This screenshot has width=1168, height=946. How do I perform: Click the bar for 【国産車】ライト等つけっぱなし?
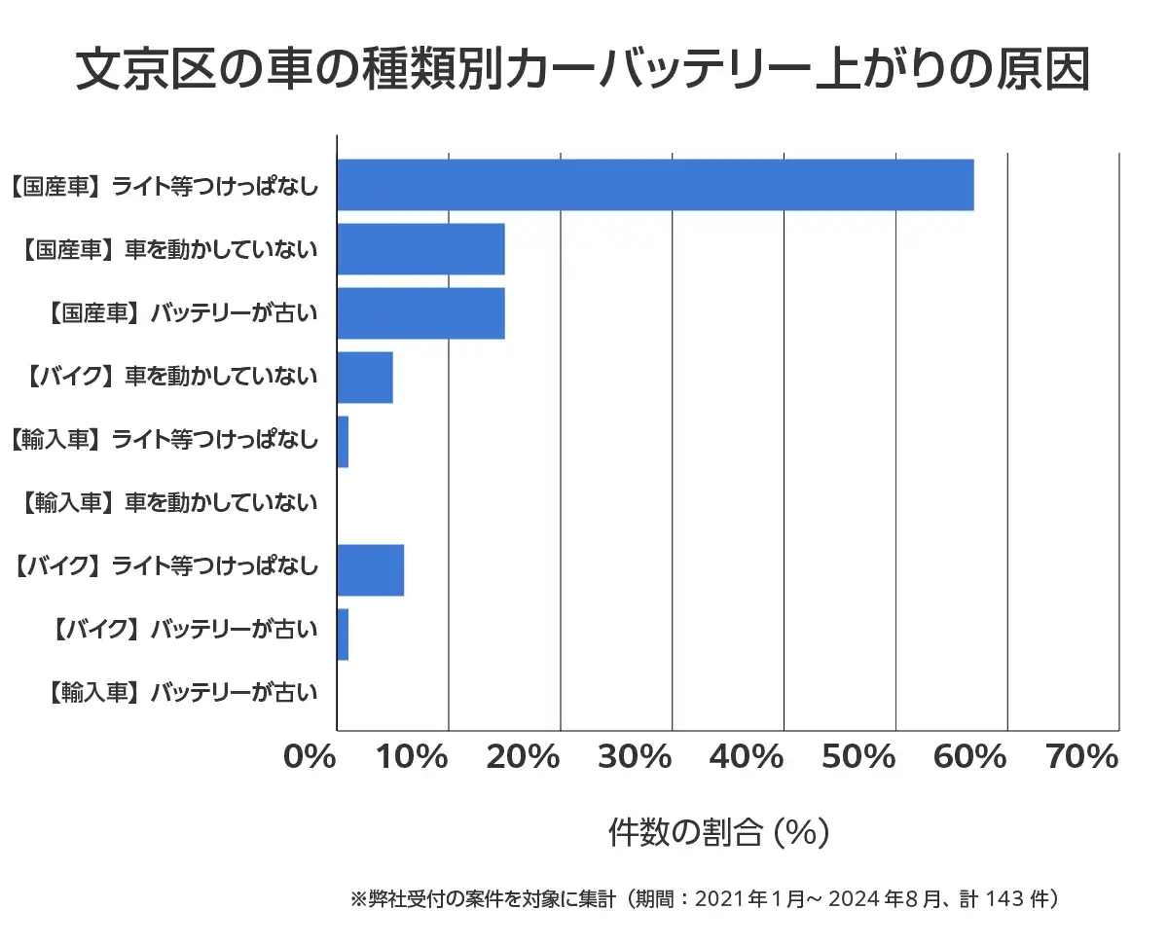(655, 185)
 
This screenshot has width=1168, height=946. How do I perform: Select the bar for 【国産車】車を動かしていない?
(420, 249)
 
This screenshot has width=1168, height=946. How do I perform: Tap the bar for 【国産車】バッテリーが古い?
(420, 313)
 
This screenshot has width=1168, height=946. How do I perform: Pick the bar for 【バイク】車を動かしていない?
(365, 378)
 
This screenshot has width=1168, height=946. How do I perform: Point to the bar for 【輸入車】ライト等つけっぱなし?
(343, 442)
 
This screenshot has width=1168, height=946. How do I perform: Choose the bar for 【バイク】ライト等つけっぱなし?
(370, 570)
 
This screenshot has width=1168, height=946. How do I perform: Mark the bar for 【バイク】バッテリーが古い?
(343, 635)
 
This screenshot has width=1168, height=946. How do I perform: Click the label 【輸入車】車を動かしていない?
(167, 503)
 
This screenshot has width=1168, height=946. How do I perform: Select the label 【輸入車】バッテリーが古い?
(181, 693)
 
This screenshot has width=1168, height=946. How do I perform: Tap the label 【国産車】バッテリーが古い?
(181, 313)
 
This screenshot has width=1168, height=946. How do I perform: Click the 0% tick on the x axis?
(309, 756)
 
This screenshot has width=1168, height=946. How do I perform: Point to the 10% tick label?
(420, 756)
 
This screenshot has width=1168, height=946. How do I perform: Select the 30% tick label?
(643, 756)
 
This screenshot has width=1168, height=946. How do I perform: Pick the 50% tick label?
(866, 756)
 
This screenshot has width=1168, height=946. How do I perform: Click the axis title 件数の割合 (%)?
(718, 833)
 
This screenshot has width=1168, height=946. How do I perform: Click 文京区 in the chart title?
(142, 70)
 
